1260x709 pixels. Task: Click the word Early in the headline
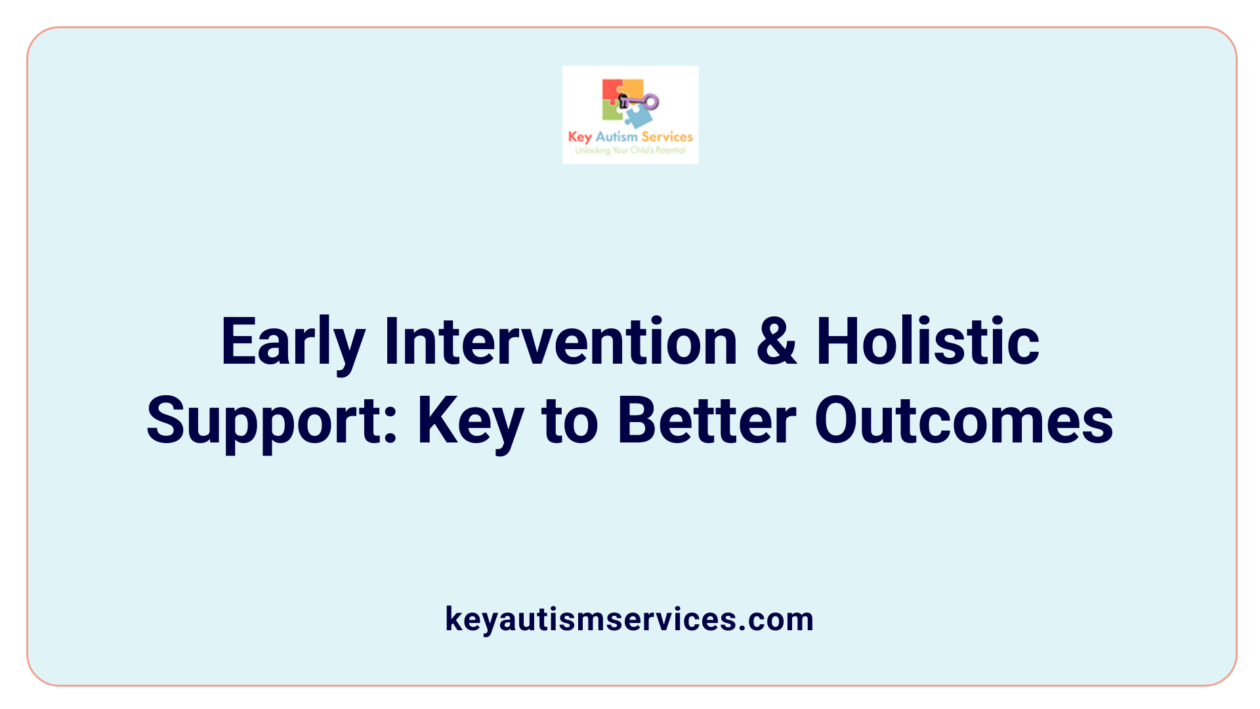coord(293,342)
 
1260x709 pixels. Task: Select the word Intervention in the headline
coord(561,342)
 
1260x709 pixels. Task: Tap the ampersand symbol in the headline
coord(776,342)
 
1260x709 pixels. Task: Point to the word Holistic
coord(927,342)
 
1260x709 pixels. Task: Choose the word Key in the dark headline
coord(471,421)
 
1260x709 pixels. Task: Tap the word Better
coord(707,421)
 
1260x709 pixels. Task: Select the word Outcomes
coord(963,421)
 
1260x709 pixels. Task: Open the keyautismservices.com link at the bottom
coord(629,619)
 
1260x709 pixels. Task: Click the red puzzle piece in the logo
coord(611,90)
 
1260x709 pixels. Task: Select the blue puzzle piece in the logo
coord(638,117)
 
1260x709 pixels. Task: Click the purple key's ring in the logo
coord(651,102)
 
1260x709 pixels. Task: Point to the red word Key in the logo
coord(580,137)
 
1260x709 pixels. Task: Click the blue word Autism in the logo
coord(616,137)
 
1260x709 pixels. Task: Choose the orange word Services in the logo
coord(667,137)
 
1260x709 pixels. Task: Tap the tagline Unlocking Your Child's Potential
coord(630,150)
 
